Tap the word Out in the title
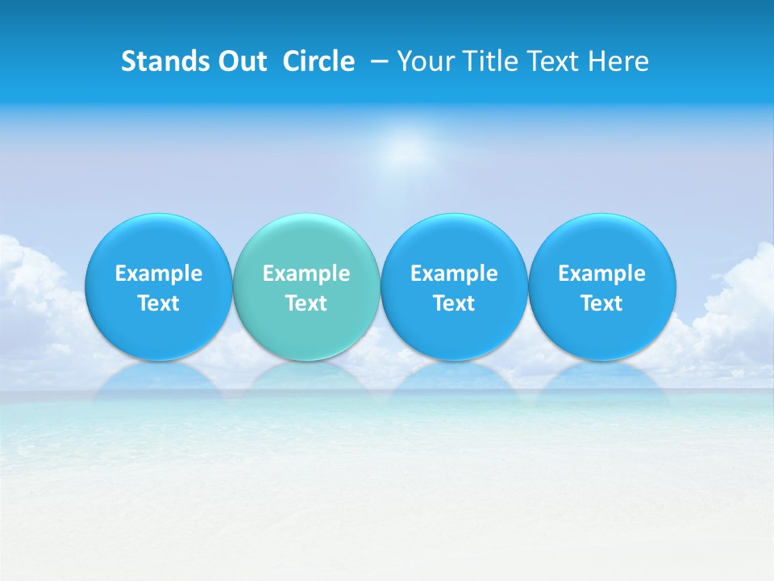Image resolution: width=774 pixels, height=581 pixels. (239, 61)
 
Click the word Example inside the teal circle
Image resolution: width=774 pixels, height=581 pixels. (306, 274)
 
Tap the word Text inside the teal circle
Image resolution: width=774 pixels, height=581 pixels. (306, 303)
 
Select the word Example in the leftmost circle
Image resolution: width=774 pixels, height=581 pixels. (158, 274)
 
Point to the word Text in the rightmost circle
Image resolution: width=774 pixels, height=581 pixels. (601, 303)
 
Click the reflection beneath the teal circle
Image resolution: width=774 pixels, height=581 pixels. (306, 378)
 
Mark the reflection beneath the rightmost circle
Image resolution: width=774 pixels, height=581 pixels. (601, 378)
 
